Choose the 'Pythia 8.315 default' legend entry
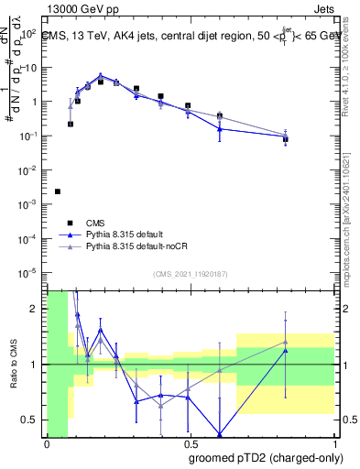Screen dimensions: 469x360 130,234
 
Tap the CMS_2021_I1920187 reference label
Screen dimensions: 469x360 189,274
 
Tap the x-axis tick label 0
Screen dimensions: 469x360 47,444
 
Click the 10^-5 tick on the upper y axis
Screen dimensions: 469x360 29,272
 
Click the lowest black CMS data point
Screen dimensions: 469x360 58,191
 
